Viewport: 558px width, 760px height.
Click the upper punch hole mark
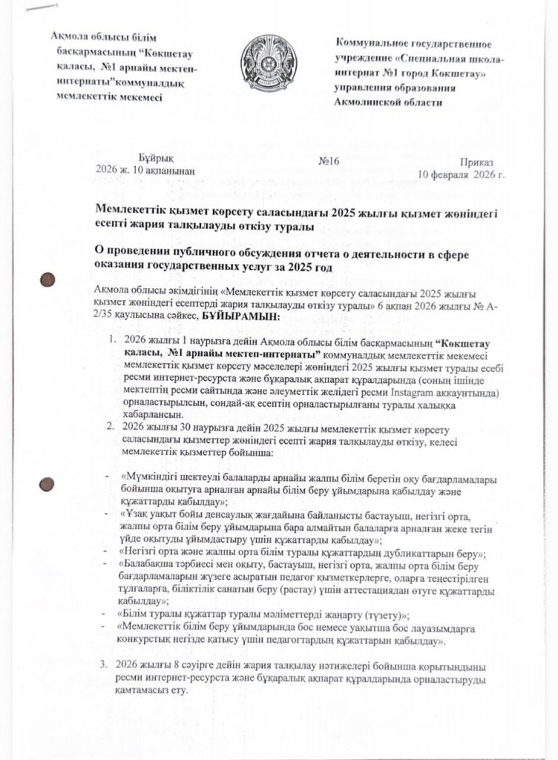pyautogui.click(x=46, y=280)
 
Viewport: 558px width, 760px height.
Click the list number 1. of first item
pyautogui.click(x=111, y=340)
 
